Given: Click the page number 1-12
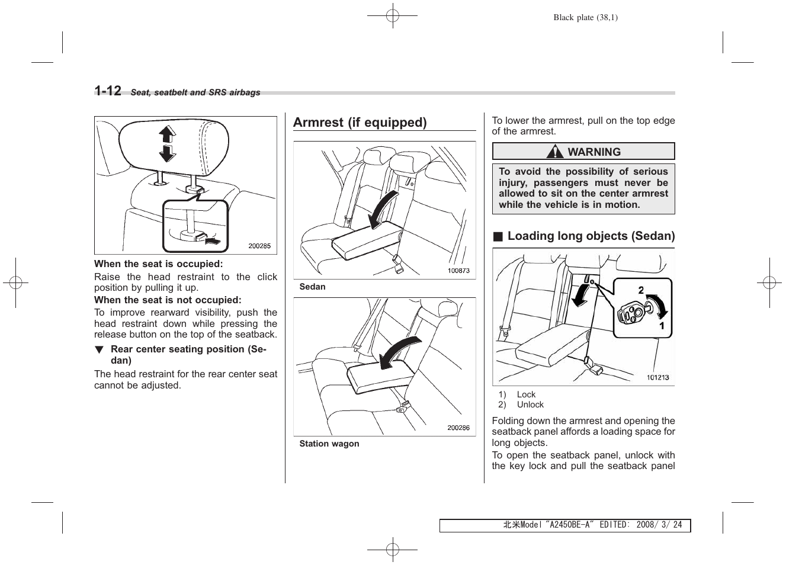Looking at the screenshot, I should tap(108, 91).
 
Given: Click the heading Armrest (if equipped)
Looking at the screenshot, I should tap(360, 123).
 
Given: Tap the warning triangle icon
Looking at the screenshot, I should tap(555, 152).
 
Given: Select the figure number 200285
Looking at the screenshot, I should tap(259, 246).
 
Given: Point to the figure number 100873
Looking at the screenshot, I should tap(458, 271).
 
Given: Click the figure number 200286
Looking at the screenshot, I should tap(458, 428).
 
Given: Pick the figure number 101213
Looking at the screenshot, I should tap(657, 377).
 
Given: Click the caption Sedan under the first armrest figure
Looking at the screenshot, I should tap(312, 287).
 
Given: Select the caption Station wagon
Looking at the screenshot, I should tap(329, 444).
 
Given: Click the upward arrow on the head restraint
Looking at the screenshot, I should tap(167, 134).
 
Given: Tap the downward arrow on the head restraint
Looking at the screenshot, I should tap(167, 153).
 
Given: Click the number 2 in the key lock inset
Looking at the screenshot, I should tap(641, 290).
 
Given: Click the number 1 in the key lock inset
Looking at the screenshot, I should tap(662, 326).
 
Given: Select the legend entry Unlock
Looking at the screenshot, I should tap(530, 405).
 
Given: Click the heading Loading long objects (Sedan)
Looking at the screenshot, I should tap(591, 236).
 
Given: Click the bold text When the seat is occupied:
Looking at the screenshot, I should tap(158, 264).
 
